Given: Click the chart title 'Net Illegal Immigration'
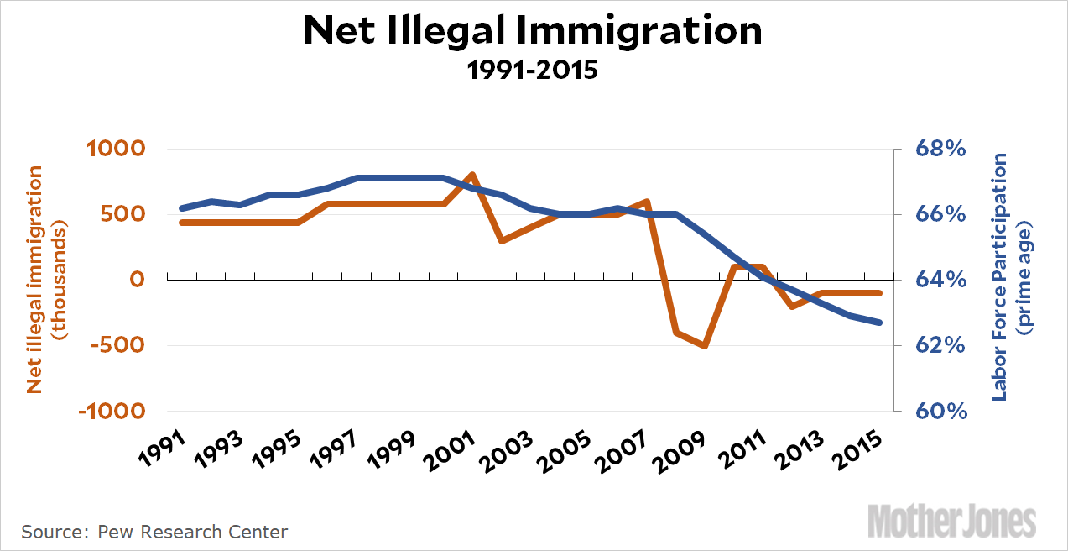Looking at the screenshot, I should tap(533, 31).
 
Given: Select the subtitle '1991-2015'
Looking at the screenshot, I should tap(533, 69).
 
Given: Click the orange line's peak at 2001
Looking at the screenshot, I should tap(472, 175).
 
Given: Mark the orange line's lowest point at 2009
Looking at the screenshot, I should tap(706, 345).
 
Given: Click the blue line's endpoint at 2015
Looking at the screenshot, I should tap(879, 323).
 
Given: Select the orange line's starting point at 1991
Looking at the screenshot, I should tap(182, 223).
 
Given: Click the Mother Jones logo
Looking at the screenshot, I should tap(951, 521).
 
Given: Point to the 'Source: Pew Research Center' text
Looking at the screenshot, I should tap(154, 532).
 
